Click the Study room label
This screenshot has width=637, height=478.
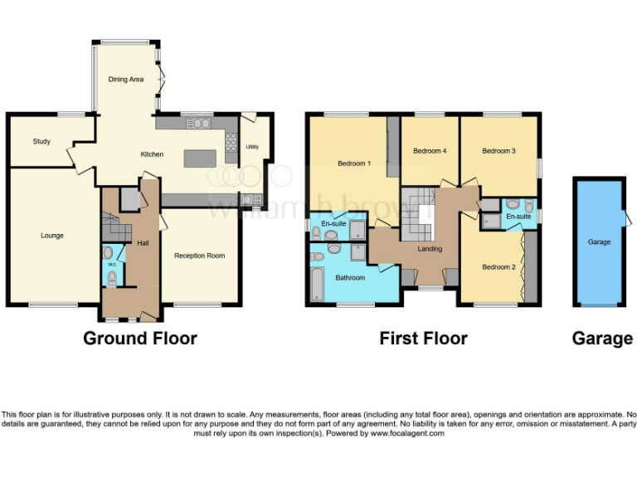[x=41, y=142]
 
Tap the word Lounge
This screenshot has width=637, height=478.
[x=52, y=236]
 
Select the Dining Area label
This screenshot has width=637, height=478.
[x=126, y=80]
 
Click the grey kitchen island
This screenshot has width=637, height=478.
[x=199, y=158]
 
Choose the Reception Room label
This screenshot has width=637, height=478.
[x=199, y=256]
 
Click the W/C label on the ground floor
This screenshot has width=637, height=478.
[x=109, y=265]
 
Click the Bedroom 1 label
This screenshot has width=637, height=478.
[x=354, y=163]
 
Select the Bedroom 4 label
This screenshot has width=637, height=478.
[x=430, y=151]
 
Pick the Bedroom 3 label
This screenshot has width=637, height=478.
[x=498, y=151]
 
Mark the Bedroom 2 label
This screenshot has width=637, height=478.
[x=499, y=267]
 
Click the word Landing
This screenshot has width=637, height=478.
[x=430, y=249]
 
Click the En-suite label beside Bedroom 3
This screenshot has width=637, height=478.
[x=518, y=217]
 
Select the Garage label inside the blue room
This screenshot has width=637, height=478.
[x=599, y=242]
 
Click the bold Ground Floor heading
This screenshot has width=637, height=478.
[x=140, y=339]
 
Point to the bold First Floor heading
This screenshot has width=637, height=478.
[x=423, y=339]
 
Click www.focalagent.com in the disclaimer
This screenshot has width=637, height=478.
[x=407, y=433]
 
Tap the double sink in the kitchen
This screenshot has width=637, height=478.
[x=201, y=124]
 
